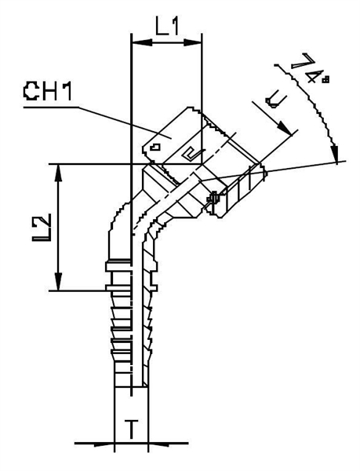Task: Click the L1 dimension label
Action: click(x=166, y=25)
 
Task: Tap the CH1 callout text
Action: click(x=48, y=93)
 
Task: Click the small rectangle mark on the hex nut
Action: click(x=157, y=146)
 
